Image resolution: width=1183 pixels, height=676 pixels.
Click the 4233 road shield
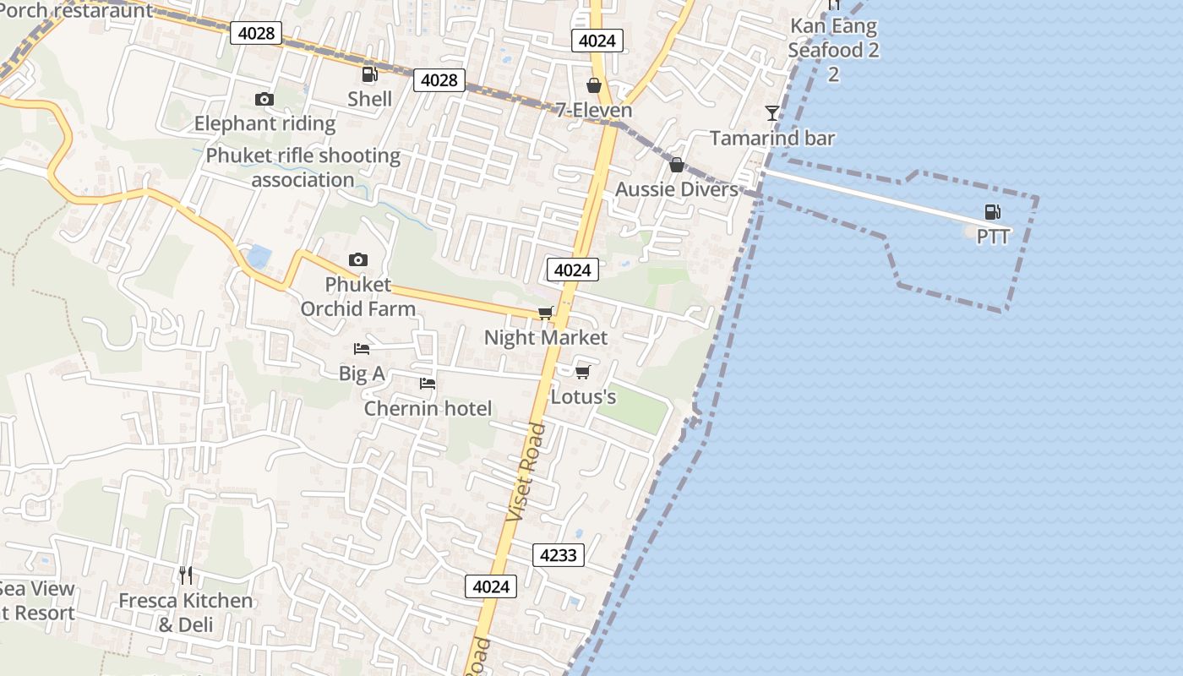(558, 555)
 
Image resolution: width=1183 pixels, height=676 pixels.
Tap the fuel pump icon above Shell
(369, 74)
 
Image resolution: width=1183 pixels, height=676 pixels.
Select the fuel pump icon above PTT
(992, 212)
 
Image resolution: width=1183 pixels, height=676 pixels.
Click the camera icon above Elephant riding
(264, 100)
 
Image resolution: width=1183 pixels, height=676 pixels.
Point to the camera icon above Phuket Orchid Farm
(358, 259)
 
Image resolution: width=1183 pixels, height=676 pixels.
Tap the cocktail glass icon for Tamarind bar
(772, 112)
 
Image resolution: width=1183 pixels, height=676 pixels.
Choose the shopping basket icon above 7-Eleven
(594, 85)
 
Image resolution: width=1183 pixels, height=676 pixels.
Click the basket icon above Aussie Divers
(676, 165)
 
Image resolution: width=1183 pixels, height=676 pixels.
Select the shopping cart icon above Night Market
(546, 313)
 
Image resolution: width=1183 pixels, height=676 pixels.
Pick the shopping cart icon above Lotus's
(582, 371)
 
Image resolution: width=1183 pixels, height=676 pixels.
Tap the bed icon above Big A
(362, 348)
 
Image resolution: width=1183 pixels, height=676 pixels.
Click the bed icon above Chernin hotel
(428, 384)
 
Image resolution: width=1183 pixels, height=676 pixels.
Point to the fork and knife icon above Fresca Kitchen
(186, 575)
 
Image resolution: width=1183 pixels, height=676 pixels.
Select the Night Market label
(545, 338)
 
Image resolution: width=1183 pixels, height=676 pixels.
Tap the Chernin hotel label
(428, 409)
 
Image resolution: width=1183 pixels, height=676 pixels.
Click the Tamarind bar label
(771, 138)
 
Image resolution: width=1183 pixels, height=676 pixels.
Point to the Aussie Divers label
(676, 189)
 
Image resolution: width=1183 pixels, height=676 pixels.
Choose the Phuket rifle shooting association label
(303, 167)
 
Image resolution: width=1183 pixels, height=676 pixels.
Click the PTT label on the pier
(993, 237)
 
